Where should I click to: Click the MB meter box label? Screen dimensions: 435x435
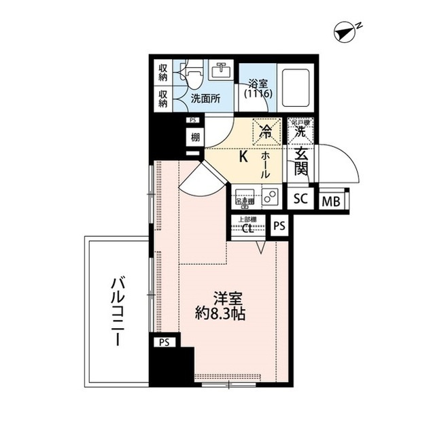point(332,201)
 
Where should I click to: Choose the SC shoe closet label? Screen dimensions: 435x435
point(300,199)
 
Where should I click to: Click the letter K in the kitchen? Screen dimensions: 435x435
point(243,156)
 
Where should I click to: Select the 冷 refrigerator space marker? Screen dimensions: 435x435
point(264,129)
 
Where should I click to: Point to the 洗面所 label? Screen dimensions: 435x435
point(205,98)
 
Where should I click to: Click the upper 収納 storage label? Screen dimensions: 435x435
point(164,71)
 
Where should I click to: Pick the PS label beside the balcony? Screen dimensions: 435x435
point(163,342)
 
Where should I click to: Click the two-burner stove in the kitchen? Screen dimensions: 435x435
point(268,197)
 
